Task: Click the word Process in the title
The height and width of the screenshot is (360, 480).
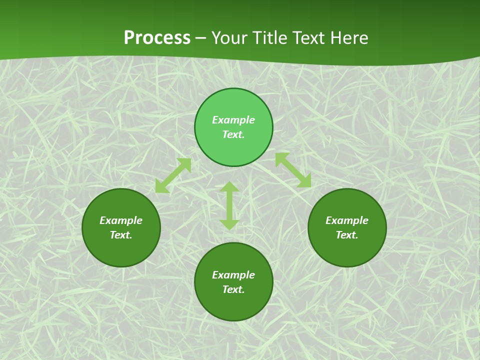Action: (x=157, y=38)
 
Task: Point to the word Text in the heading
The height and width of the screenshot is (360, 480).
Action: (x=308, y=38)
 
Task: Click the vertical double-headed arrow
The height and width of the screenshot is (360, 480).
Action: (x=229, y=205)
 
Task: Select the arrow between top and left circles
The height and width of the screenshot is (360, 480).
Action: (x=173, y=175)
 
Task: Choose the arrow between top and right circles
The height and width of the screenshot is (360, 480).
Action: (x=293, y=170)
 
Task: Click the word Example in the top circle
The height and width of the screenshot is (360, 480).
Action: (x=233, y=120)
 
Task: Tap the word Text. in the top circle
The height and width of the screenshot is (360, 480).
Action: (x=233, y=134)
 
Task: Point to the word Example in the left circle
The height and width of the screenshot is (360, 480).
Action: (x=121, y=220)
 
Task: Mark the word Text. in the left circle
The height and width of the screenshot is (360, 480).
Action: (x=121, y=235)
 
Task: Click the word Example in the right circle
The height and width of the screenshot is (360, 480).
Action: (x=347, y=220)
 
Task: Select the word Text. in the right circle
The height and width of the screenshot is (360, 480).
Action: (x=347, y=235)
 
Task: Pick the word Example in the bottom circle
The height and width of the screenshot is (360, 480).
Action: (x=233, y=275)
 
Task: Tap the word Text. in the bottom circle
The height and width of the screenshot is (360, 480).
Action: (x=233, y=289)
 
